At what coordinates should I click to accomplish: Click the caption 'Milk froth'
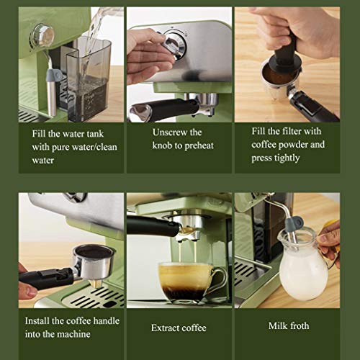tap(288, 326)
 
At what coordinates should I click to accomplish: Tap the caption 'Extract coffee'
tap(179, 328)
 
